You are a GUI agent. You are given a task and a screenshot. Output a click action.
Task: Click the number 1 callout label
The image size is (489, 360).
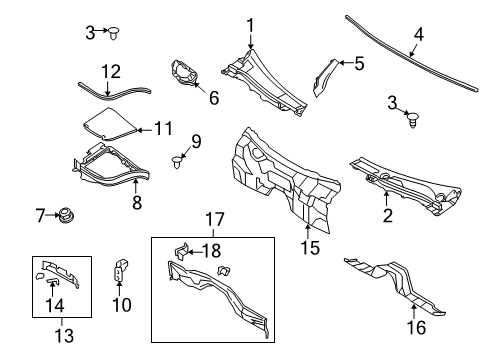pyautogui.click(x=251, y=26)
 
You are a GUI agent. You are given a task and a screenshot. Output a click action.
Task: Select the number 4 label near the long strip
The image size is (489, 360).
pyautogui.click(x=418, y=35)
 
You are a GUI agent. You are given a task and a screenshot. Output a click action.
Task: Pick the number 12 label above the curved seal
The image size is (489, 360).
pyautogui.click(x=110, y=71)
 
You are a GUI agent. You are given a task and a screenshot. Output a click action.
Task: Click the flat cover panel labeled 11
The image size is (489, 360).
pyautogui.click(x=109, y=125)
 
